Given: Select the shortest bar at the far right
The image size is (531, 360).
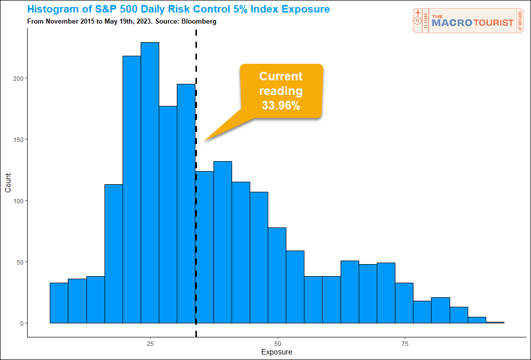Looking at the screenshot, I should tap(495, 322).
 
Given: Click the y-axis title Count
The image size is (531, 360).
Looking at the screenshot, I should tap(8, 182).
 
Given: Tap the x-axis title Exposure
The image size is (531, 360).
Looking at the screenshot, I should tap(276, 352).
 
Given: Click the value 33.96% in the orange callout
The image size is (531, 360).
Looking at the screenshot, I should tap(281, 105).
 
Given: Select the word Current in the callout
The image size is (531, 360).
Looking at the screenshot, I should tap(281, 76).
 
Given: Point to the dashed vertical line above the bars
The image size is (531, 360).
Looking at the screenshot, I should tap(196, 55).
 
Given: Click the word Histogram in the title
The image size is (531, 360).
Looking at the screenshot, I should tap(53, 10).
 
